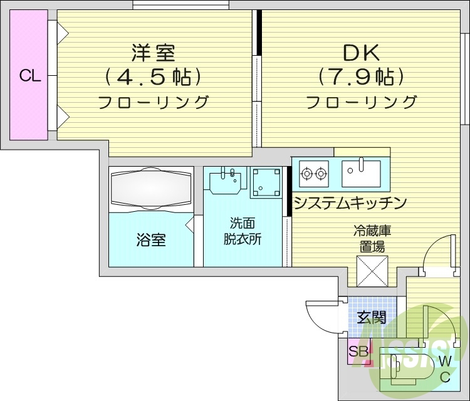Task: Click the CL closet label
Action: [29, 76]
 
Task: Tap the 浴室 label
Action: [152, 239]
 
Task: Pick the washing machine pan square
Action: [266, 182]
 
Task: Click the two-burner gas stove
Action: [313, 173]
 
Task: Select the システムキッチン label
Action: [350, 203]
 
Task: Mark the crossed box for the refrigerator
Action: [372, 271]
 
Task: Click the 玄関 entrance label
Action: [372, 317]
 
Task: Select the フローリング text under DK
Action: [362, 102]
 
